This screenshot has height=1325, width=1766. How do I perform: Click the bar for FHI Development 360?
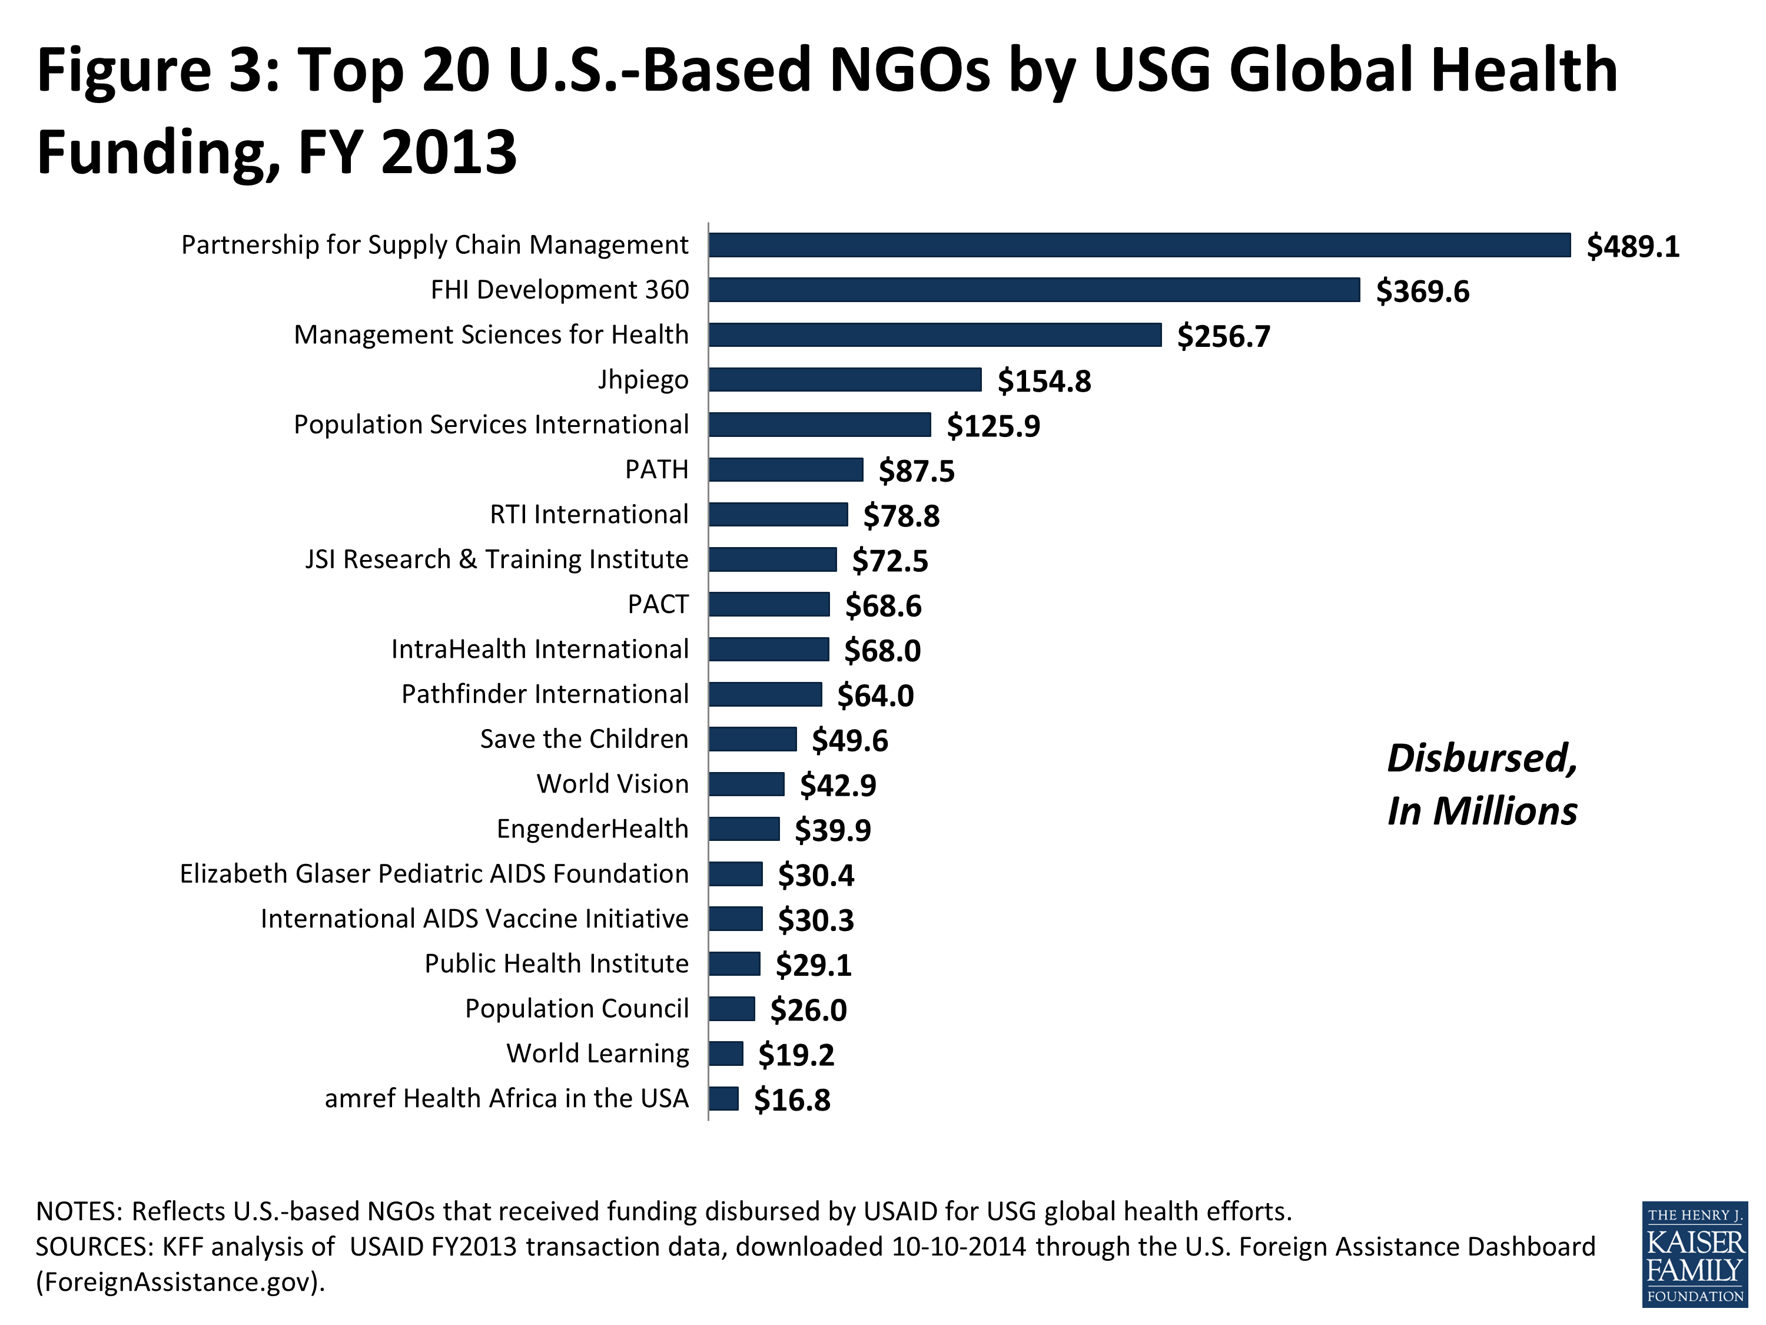click(x=1034, y=290)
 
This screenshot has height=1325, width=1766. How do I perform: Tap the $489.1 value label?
click(x=1633, y=246)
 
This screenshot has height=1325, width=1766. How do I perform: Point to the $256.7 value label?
click(x=1223, y=336)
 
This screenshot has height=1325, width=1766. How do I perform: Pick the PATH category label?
click(x=656, y=469)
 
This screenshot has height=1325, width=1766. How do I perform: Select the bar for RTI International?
click(x=778, y=514)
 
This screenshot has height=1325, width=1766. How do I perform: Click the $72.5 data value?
click(x=889, y=561)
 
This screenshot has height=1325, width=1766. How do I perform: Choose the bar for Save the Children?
click(x=752, y=739)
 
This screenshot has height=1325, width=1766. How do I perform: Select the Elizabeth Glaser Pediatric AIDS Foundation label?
click(x=433, y=874)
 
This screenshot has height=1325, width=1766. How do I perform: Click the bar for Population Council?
click(x=731, y=1009)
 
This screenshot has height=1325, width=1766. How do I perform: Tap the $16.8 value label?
click(x=791, y=1101)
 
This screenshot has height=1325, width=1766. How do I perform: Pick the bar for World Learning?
click(x=726, y=1054)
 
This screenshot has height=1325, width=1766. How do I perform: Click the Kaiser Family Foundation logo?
click(x=1694, y=1254)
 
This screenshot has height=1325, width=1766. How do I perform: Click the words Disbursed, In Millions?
click(x=1481, y=784)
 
